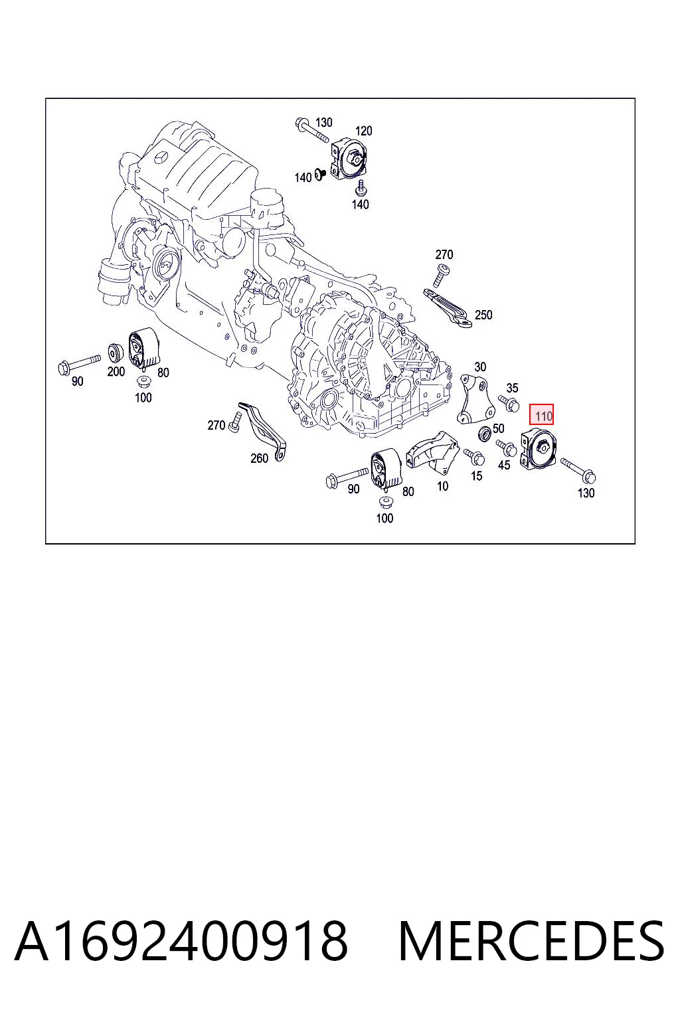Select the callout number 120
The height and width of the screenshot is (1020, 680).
[363, 131]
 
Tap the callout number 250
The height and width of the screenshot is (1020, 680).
[483, 315]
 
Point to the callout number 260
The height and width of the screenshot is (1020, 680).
[259, 458]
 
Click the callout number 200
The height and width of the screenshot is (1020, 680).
[116, 372]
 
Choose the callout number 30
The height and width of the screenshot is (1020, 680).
[480, 367]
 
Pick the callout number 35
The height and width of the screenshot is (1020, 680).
[512, 388]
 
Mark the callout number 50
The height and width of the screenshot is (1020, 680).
[498, 428]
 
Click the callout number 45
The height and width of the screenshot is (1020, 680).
[504, 465]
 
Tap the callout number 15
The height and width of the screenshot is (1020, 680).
[476, 476]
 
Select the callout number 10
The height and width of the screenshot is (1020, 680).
[443, 486]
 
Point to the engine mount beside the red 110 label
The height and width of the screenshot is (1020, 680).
[538, 450]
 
